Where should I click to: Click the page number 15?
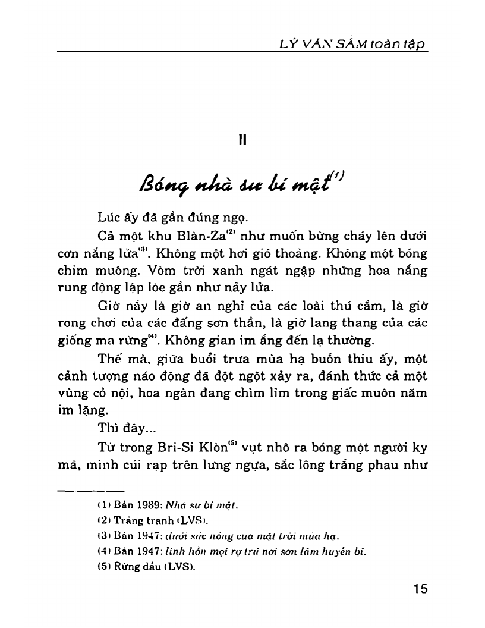[x=419, y=589]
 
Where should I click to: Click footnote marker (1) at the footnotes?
[x=101, y=505]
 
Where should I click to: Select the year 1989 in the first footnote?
[x=141, y=505]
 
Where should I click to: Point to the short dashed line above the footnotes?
[x=91, y=491]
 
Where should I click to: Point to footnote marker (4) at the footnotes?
[x=101, y=552]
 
